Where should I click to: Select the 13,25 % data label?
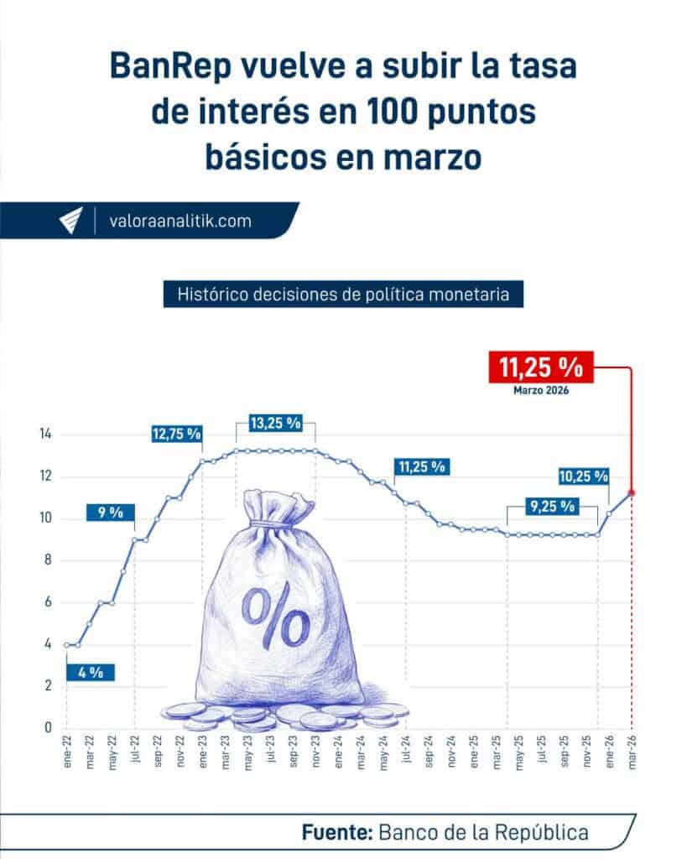click(x=275, y=424)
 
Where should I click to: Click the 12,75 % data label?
click(x=177, y=434)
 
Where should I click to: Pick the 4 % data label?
click(x=90, y=672)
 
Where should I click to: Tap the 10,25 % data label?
click(x=583, y=476)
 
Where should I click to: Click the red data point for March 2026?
click(x=632, y=493)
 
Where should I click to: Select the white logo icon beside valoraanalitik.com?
click(x=71, y=221)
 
